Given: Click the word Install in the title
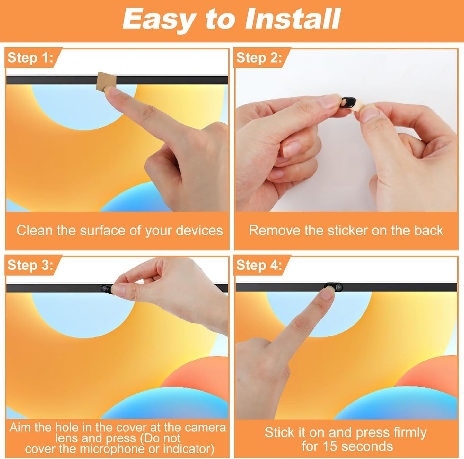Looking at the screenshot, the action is pos(293,19).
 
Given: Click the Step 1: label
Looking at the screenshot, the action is pos(30,58).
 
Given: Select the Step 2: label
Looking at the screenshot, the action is pos(259,58).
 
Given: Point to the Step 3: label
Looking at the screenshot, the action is pos(30,265).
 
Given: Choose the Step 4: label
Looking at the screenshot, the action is pos(259,265).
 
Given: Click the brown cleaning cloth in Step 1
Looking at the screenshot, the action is pos(106,81).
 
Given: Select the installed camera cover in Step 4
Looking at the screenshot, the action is pos(334,287).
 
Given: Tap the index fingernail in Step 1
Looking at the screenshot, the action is pos(112,91).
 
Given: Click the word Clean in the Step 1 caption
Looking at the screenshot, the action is pos(35,230).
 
